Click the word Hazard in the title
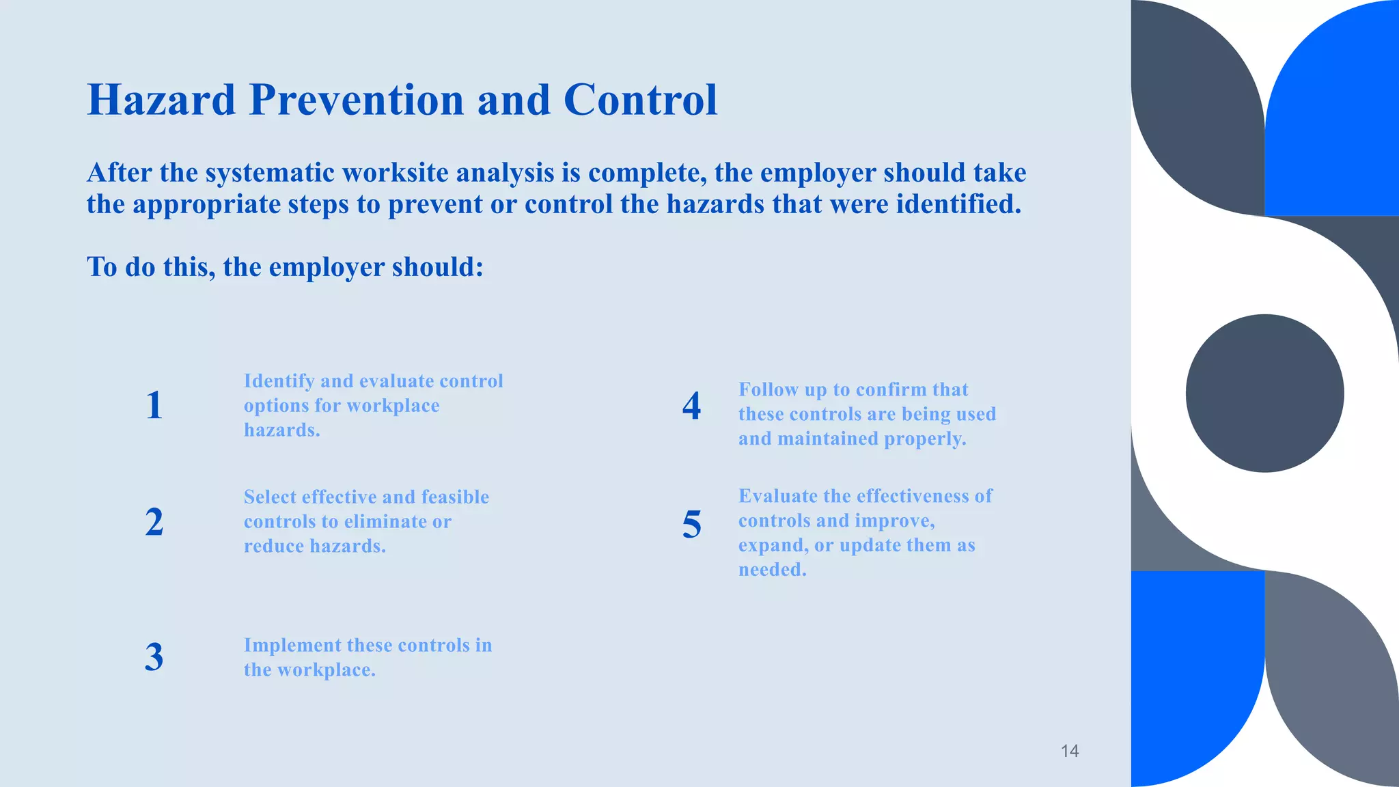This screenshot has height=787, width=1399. (161, 100)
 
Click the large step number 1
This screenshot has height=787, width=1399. (154, 405)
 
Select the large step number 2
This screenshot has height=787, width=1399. (154, 522)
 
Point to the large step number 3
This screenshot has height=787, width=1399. (154, 657)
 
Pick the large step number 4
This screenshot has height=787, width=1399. (691, 406)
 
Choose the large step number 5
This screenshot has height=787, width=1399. (691, 525)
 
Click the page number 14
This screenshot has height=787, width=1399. (1069, 751)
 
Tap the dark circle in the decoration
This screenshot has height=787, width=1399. (1264, 393)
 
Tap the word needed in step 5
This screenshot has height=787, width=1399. (772, 570)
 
